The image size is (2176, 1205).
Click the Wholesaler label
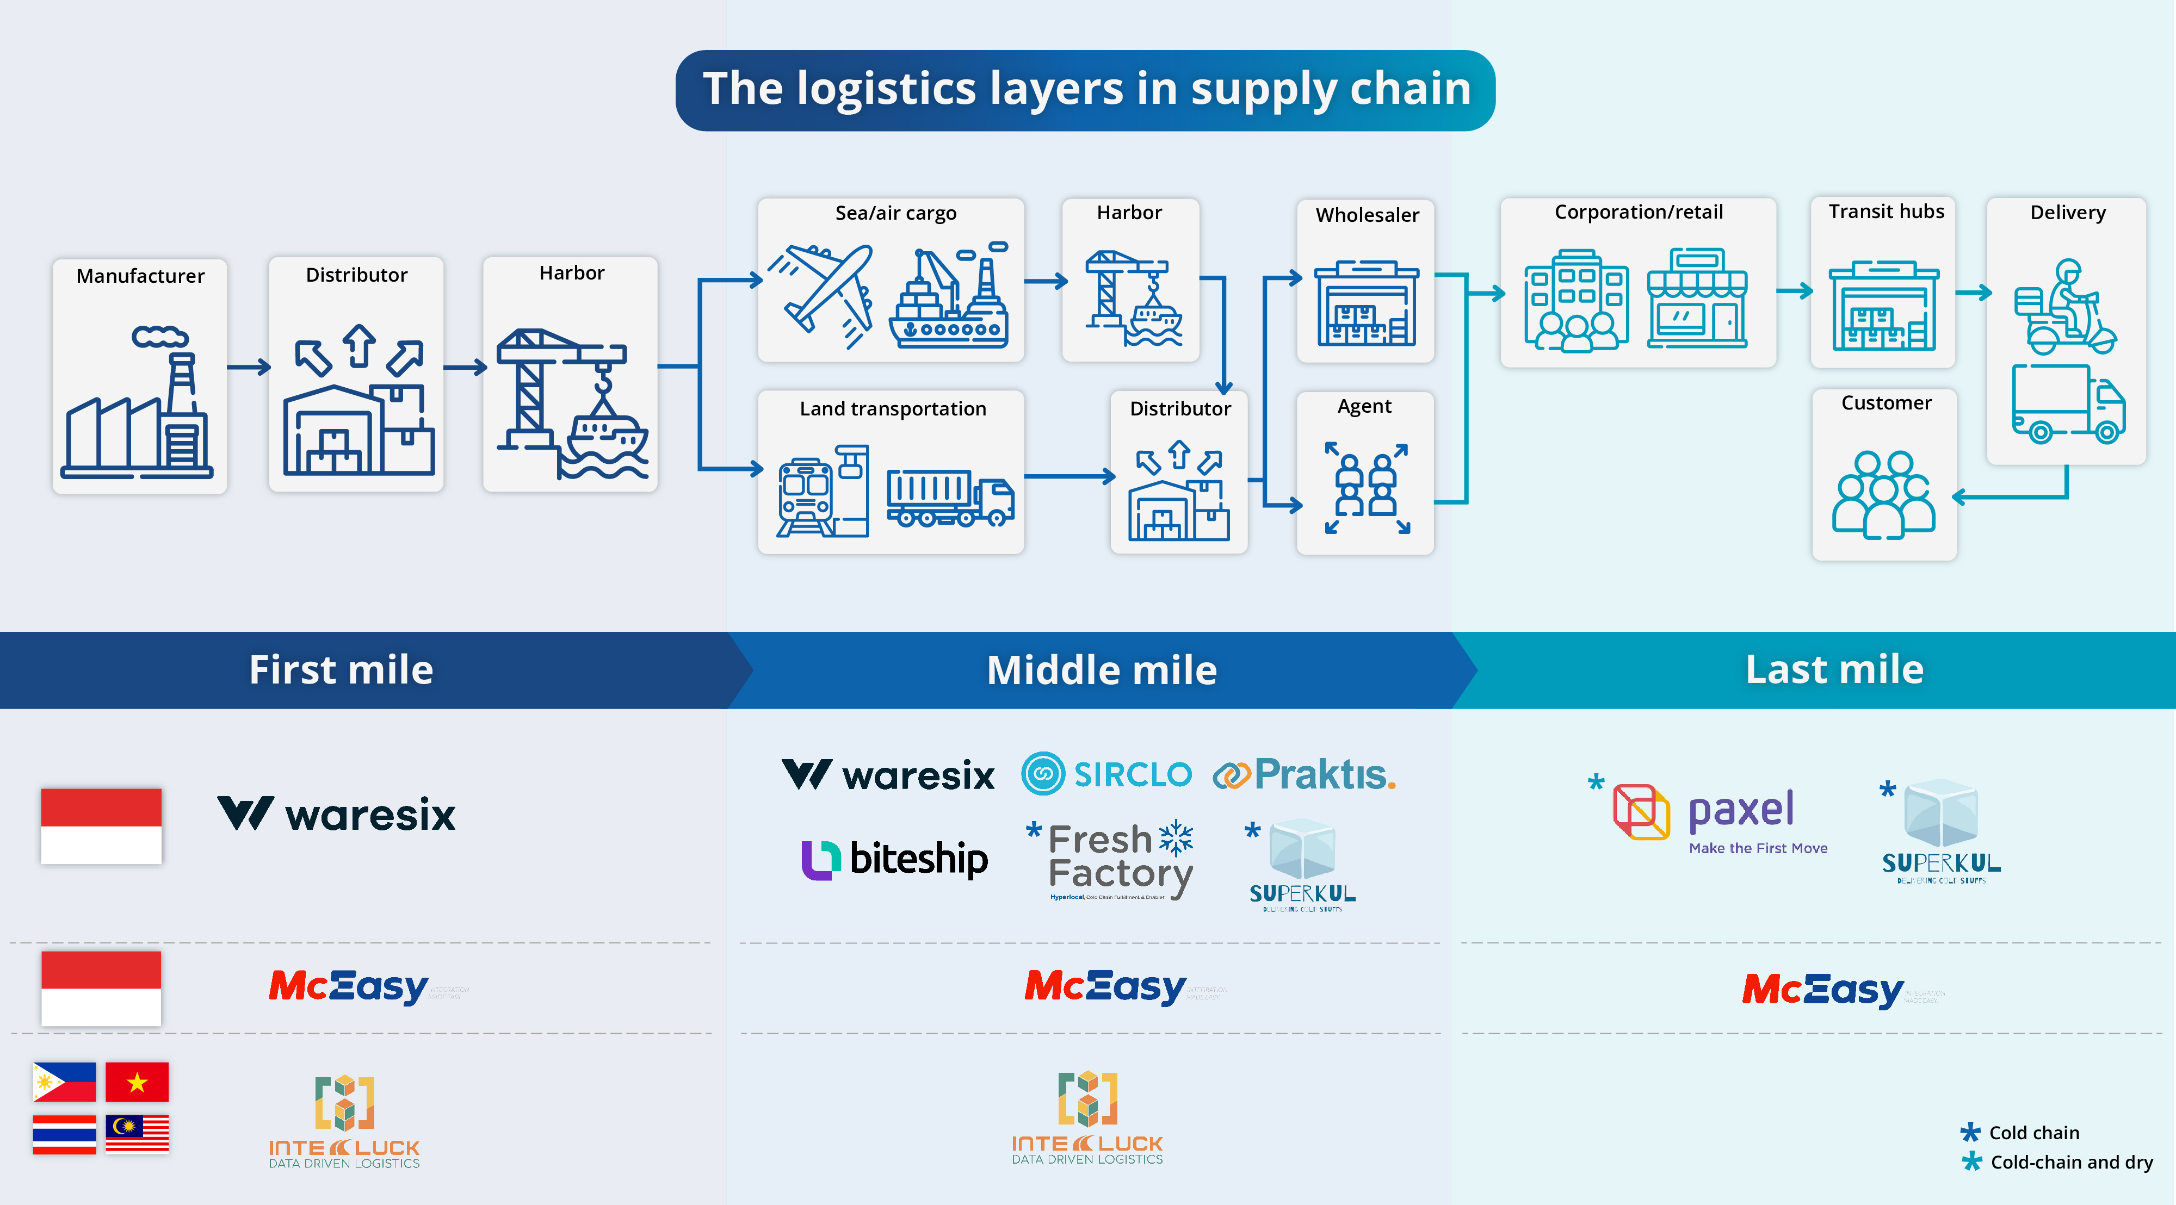[1366, 215]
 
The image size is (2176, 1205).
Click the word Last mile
[1834, 669]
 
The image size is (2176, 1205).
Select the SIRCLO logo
[1106, 773]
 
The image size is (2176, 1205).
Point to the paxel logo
[1719, 815]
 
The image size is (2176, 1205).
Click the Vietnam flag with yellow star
[137, 1082]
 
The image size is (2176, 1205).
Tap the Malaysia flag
[137, 1133]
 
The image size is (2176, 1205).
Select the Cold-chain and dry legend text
[2070, 1162]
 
